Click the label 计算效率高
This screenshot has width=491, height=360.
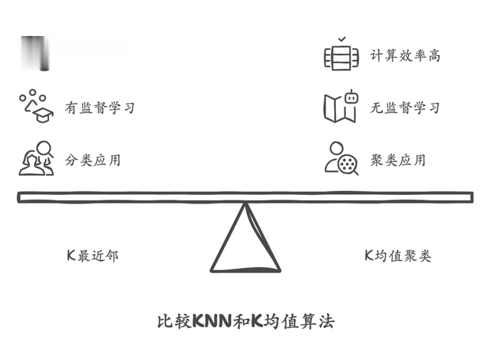(x=405, y=55)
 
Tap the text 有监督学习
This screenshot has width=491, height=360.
(x=100, y=107)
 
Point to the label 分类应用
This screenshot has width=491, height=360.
(x=93, y=160)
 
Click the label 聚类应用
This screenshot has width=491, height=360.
(x=398, y=160)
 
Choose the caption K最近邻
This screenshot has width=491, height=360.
(x=92, y=256)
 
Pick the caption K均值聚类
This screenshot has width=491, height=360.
(x=397, y=256)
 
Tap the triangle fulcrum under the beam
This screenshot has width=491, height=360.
(x=245, y=246)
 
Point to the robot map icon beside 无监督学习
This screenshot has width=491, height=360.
(x=341, y=107)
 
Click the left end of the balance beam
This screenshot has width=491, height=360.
(x=23, y=198)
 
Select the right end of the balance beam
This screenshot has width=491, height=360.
(x=468, y=198)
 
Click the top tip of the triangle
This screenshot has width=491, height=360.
(x=245, y=205)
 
